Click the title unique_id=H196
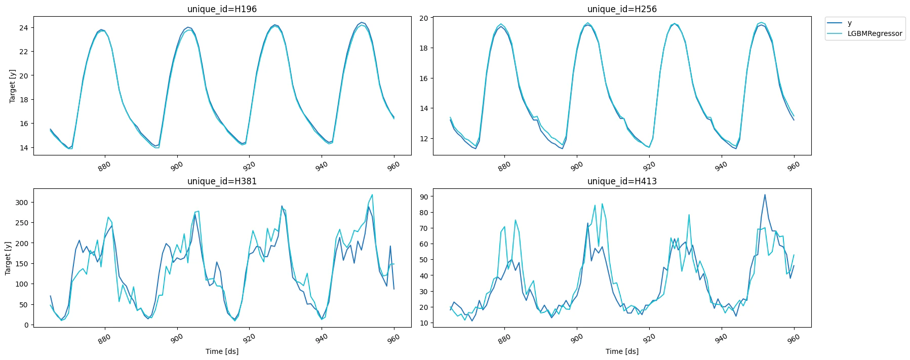click(x=222, y=9)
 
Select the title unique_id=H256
click(x=622, y=9)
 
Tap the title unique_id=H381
click(x=222, y=181)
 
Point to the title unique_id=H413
click(x=622, y=181)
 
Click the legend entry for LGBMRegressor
click(x=875, y=33)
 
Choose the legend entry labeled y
click(x=849, y=23)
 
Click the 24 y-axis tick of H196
click(x=23, y=27)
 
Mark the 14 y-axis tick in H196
click(x=23, y=148)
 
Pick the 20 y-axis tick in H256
click(x=423, y=18)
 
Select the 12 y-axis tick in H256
click(x=423, y=139)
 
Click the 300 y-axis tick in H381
click(x=21, y=203)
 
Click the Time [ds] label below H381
click(x=222, y=351)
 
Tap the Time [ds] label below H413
click(x=622, y=351)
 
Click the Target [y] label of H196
click(x=12, y=86)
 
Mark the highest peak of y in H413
click(x=765, y=194)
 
